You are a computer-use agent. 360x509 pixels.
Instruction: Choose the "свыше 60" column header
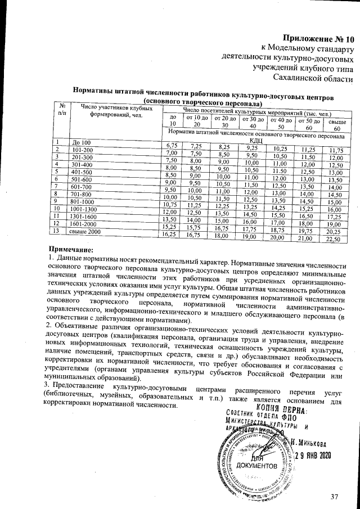pyautogui.click(x=337, y=125)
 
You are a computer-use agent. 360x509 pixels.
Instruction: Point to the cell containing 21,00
pyautogui.click(x=308, y=238)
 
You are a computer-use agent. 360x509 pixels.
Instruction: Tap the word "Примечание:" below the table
pyautogui.click(x=70, y=249)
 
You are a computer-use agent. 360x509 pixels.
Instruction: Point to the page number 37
pyautogui.click(x=336, y=497)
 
